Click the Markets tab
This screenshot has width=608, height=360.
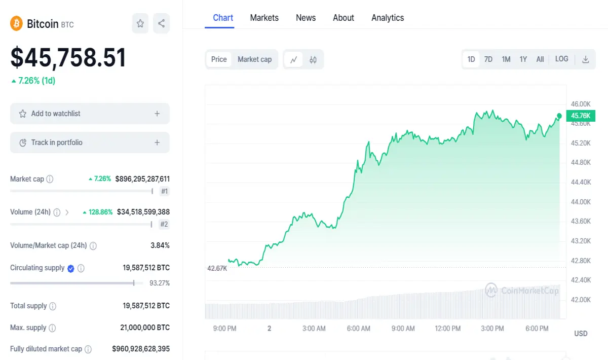(x=264, y=18)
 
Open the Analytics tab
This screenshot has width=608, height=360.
(x=388, y=18)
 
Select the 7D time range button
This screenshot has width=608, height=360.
(x=488, y=59)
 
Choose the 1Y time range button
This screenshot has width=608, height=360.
(x=523, y=59)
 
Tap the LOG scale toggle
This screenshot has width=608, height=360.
(x=561, y=59)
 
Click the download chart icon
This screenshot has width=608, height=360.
(x=586, y=59)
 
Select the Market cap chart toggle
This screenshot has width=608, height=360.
(x=254, y=59)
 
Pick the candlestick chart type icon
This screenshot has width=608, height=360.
(x=313, y=59)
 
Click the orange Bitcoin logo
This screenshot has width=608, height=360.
(x=16, y=23)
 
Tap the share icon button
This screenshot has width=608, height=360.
(x=161, y=23)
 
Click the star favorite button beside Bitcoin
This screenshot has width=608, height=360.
(x=140, y=23)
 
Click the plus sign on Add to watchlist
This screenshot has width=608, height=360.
(x=157, y=114)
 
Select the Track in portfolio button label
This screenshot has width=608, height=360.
(x=57, y=142)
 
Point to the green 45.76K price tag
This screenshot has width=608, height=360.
(x=581, y=116)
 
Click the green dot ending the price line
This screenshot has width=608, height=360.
(x=559, y=116)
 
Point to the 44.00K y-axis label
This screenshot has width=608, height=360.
(x=581, y=202)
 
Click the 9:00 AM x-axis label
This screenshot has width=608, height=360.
(x=403, y=329)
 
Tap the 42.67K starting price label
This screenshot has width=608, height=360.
(x=217, y=268)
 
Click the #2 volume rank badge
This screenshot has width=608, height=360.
(x=164, y=224)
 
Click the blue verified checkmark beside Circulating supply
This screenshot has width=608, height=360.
(x=70, y=268)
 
